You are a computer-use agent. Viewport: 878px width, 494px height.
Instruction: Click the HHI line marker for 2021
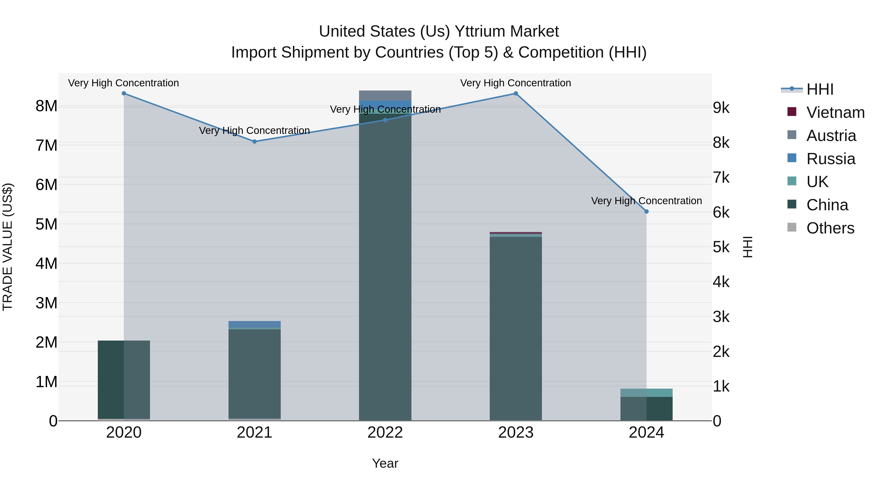(x=254, y=141)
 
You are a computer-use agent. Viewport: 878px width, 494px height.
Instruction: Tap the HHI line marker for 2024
(x=646, y=211)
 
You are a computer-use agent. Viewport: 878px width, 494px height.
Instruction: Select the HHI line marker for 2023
(x=516, y=93)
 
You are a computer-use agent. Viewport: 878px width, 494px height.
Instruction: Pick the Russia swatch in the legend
(x=792, y=158)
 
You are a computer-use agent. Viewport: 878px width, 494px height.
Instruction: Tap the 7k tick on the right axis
(x=721, y=178)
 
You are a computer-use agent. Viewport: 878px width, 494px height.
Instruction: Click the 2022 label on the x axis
(x=385, y=433)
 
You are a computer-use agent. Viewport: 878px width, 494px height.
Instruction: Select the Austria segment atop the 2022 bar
(x=385, y=95)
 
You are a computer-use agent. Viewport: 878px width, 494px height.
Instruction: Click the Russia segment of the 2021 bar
(x=254, y=324)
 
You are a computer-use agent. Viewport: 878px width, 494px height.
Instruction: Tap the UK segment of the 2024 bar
(x=646, y=393)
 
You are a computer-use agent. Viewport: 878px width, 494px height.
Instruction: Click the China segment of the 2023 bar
(x=516, y=327)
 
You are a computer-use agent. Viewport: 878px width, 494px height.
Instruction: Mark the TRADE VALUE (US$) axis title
(x=8, y=247)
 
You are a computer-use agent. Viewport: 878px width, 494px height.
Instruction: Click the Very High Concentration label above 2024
(x=646, y=201)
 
